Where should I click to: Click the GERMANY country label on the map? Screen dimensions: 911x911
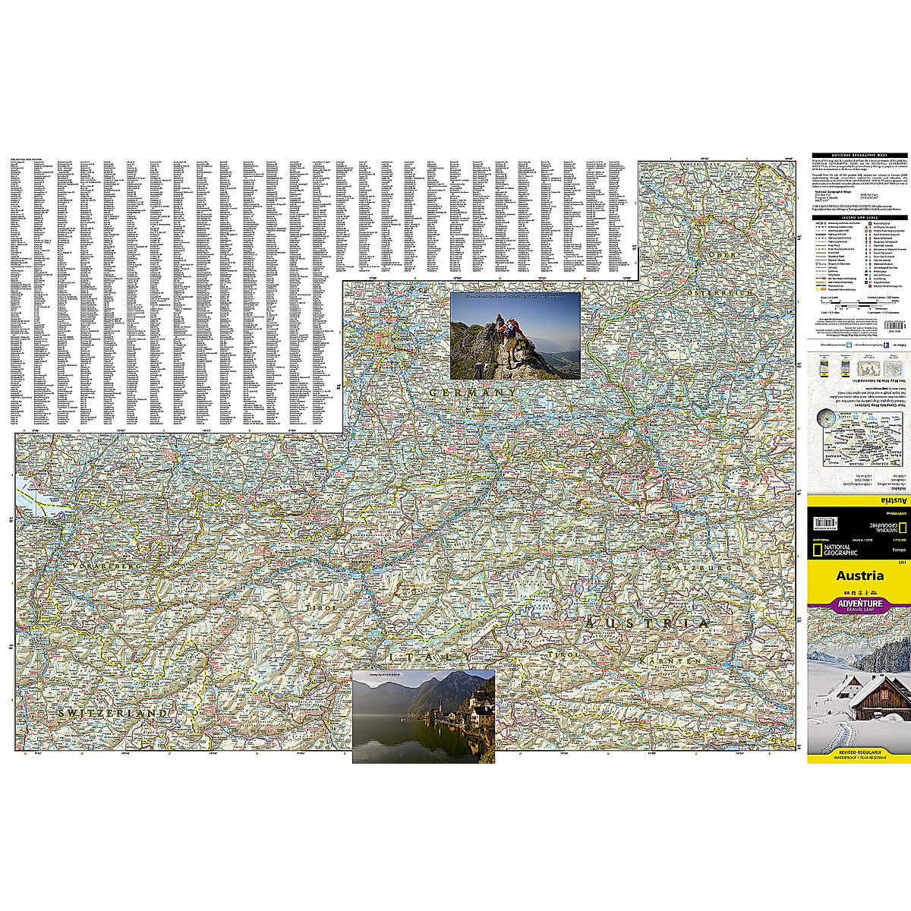coord(473,393)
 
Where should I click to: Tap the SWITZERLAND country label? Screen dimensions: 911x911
coord(112,714)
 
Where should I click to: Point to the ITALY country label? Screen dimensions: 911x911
coord(425,654)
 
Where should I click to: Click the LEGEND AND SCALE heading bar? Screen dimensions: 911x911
coord(860,218)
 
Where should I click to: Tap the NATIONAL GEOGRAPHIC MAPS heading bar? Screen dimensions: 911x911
coord(860,155)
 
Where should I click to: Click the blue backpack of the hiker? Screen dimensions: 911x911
coord(510,329)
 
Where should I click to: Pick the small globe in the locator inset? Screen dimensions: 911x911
coord(825,418)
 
